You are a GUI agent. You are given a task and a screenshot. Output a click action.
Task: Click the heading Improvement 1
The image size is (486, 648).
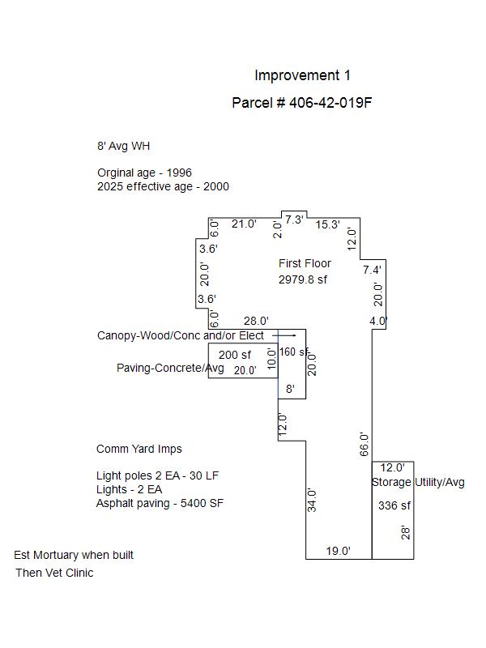coord(302,75)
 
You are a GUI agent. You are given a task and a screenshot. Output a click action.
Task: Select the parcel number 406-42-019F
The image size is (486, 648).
coord(330,103)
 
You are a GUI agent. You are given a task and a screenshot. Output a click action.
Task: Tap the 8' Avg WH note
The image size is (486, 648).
coord(124,146)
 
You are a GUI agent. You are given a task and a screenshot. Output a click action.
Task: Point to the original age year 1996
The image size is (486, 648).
coord(179,173)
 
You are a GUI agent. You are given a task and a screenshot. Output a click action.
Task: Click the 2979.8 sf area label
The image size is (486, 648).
coord(302,279)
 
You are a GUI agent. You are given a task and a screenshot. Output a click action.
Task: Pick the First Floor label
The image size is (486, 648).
coord(305,263)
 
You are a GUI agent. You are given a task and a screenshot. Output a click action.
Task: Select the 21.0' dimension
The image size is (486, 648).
coord(244,224)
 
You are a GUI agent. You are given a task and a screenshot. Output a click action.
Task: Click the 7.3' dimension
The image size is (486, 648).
coord(294,220)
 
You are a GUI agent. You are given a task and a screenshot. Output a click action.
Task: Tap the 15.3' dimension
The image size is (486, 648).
coord(328,225)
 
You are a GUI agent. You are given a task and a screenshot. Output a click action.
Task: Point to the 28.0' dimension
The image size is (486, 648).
coord(256,321)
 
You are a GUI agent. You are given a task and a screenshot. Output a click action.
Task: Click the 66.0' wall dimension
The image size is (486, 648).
coord(364,444)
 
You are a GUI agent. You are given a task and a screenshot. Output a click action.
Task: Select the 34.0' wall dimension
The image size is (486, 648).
coord(312,500)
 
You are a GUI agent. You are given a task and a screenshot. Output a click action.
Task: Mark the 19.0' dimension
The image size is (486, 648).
coord(338,551)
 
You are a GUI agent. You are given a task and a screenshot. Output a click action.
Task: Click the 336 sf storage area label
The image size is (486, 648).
coord(394,505)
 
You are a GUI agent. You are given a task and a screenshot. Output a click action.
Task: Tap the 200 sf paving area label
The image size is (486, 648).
coord(235,355)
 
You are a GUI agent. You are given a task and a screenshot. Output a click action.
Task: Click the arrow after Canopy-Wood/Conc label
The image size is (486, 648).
coord(284,335)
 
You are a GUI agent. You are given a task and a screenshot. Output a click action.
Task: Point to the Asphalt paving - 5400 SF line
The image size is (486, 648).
coord(160,503)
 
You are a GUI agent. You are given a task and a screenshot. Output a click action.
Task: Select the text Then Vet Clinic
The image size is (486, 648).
coord(54,573)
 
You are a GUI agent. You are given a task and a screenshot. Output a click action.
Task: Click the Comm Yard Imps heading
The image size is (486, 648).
coord(139,449)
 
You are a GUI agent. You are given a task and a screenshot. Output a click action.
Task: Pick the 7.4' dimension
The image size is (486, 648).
coord(372,270)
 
